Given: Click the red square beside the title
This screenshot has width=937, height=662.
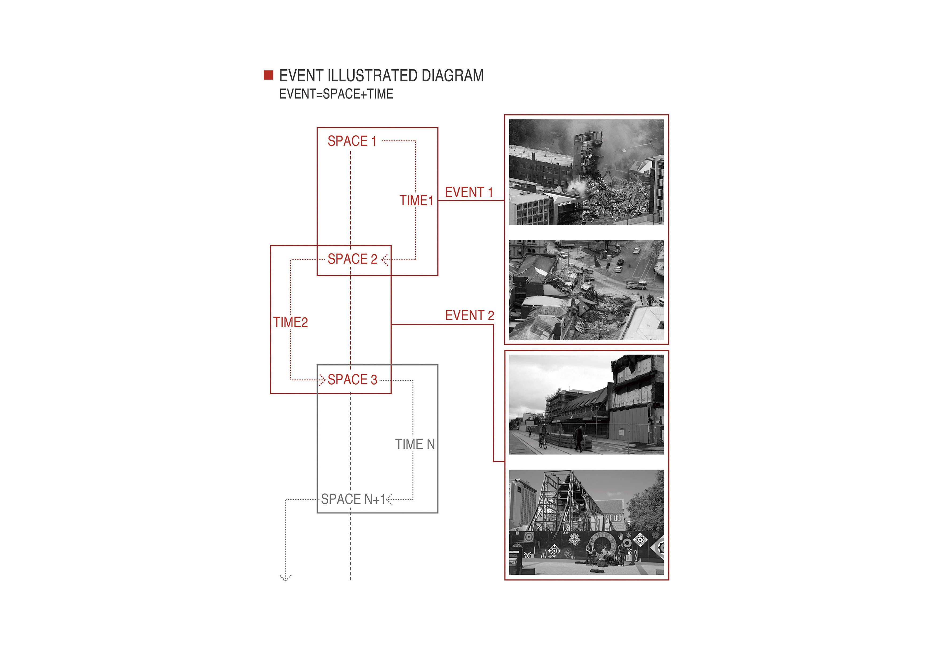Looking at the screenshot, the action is pyautogui.click(x=268, y=75).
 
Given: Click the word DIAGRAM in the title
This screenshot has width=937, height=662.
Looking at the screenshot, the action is pyautogui.click(x=452, y=76).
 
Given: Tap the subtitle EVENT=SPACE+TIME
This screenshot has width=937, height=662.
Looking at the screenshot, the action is pyautogui.click(x=336, y=94).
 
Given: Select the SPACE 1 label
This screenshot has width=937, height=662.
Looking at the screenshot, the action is pyautogui.click(x=352, y=141).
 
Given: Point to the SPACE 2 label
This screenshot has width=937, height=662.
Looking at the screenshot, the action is pyautogui.click(x=352, y=259).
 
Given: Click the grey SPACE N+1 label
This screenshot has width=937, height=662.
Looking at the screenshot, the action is pyautogui.click(x=353, y=499).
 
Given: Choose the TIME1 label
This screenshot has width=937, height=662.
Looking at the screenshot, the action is pyautogui.click(x=416, y=201).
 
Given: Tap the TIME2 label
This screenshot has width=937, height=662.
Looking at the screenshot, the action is pyautogui.click(x=291, y=322).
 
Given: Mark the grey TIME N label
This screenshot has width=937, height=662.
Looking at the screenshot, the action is pyautogui.click(x=415, y=444).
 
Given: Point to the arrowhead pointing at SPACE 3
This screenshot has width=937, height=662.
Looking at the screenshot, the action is pyautogui.click(x=322, y=380).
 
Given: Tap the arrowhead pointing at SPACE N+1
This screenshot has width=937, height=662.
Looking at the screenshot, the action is pyautogui.click(x=389, y=499).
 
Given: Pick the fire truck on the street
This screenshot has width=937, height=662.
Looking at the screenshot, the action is pyautogui.click(x=636, y=284).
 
